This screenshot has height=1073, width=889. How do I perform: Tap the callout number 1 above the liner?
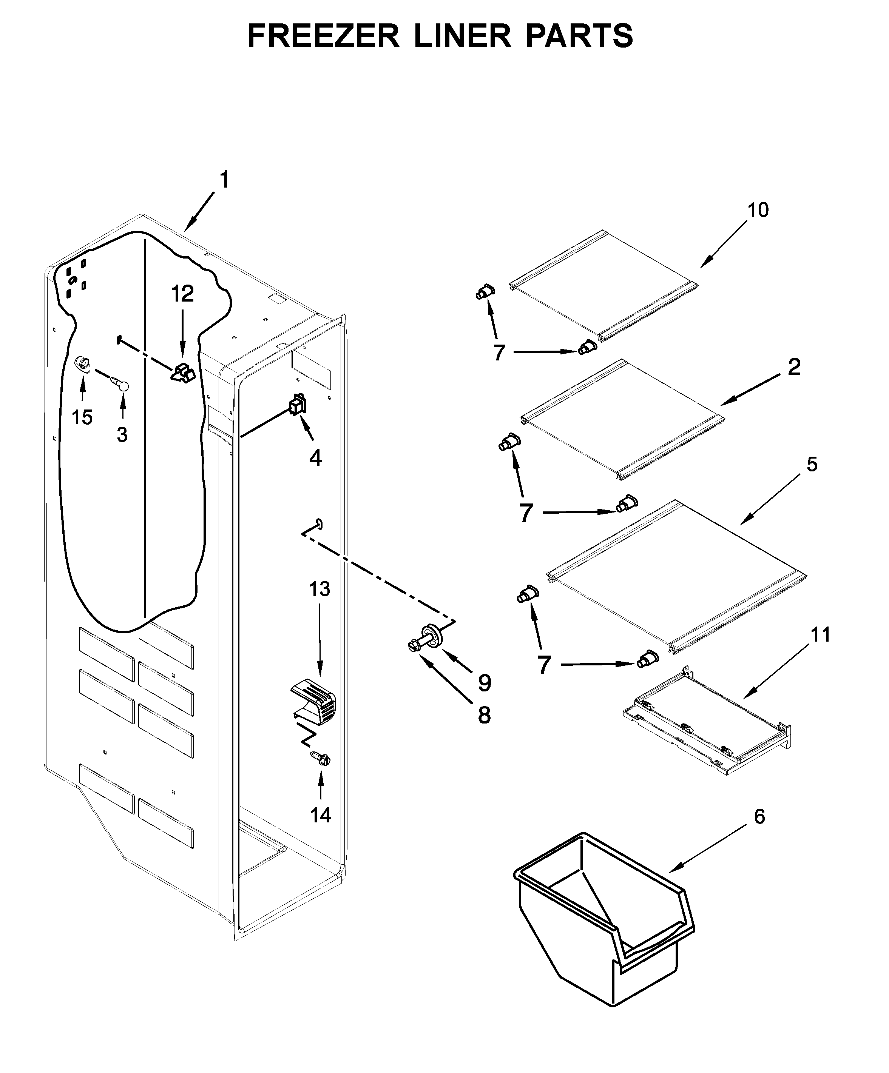(224, 180)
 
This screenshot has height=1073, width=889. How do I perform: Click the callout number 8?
(484, 715)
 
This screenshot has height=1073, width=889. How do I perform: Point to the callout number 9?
(484, 683)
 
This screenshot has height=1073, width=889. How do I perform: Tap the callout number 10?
(758, 210)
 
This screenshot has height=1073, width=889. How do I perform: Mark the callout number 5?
(812, 465)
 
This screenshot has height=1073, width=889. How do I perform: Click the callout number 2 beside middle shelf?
(794, 366)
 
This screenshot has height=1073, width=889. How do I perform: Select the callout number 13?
(319, 589)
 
